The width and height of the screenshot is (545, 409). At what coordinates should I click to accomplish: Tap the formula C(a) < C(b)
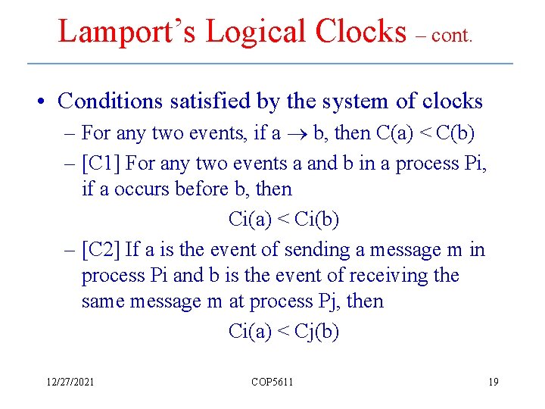pos(425,133)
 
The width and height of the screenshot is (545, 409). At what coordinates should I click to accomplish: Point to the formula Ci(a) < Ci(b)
pos(283,220)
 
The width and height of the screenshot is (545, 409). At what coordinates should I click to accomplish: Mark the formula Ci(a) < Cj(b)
pos(283,331)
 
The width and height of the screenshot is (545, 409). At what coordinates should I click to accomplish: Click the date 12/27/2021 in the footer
pos(70,382)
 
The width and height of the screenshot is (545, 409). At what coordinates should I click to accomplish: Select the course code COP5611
pos(272,382)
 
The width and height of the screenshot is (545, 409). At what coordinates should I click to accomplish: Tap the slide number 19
pos(493,382)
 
